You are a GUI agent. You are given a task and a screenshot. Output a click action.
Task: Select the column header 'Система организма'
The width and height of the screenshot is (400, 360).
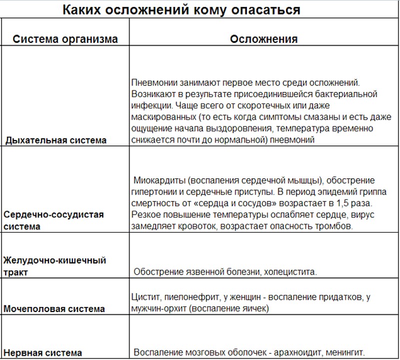(x=65, y=39)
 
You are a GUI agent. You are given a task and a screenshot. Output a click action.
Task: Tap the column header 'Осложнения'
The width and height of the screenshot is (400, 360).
(x=263, y=39)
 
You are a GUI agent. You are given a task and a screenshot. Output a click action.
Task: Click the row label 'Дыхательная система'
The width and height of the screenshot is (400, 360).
(x=56, y=140)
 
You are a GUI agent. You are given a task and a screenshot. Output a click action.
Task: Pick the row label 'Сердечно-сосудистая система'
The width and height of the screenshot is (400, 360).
(x=53, y=220)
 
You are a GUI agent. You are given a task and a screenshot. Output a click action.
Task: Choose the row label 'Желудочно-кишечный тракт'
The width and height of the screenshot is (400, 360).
(x=54, y=266)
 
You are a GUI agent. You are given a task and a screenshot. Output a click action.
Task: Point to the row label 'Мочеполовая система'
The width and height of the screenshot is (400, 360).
(x=54, y=308)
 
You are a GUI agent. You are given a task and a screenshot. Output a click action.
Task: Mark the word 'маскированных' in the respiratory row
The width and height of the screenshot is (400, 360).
(x=160, y=117)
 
